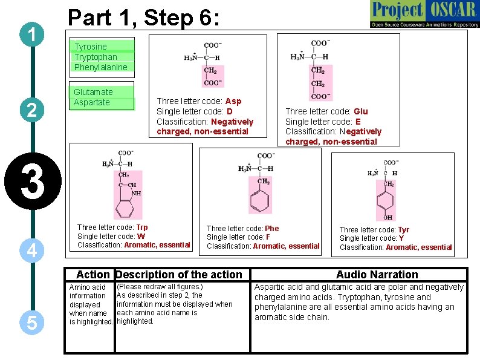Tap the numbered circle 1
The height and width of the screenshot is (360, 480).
point(30,34)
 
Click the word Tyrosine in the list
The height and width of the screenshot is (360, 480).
point(91,47)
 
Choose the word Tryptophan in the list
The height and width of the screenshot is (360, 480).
point(96,57)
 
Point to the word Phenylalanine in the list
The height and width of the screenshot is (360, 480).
point(101,67)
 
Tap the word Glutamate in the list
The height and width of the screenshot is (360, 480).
point(93,92)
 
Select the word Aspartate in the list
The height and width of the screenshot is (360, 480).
point(92,102)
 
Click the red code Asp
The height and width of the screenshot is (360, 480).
point(233,101)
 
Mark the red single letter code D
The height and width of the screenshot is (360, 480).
point(229,111)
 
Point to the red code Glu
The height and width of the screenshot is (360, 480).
point(360,111)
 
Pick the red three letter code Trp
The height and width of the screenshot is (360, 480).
point(141,227)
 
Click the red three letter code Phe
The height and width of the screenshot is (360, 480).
point(272,229)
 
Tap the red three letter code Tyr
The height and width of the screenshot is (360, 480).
point(403,230)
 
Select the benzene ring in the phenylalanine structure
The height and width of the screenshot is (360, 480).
point(261,199)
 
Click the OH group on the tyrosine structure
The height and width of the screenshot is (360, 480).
point(388,217)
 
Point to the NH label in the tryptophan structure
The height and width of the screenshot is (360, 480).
point(136,194)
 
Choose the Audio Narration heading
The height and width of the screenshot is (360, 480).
point(377,275)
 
